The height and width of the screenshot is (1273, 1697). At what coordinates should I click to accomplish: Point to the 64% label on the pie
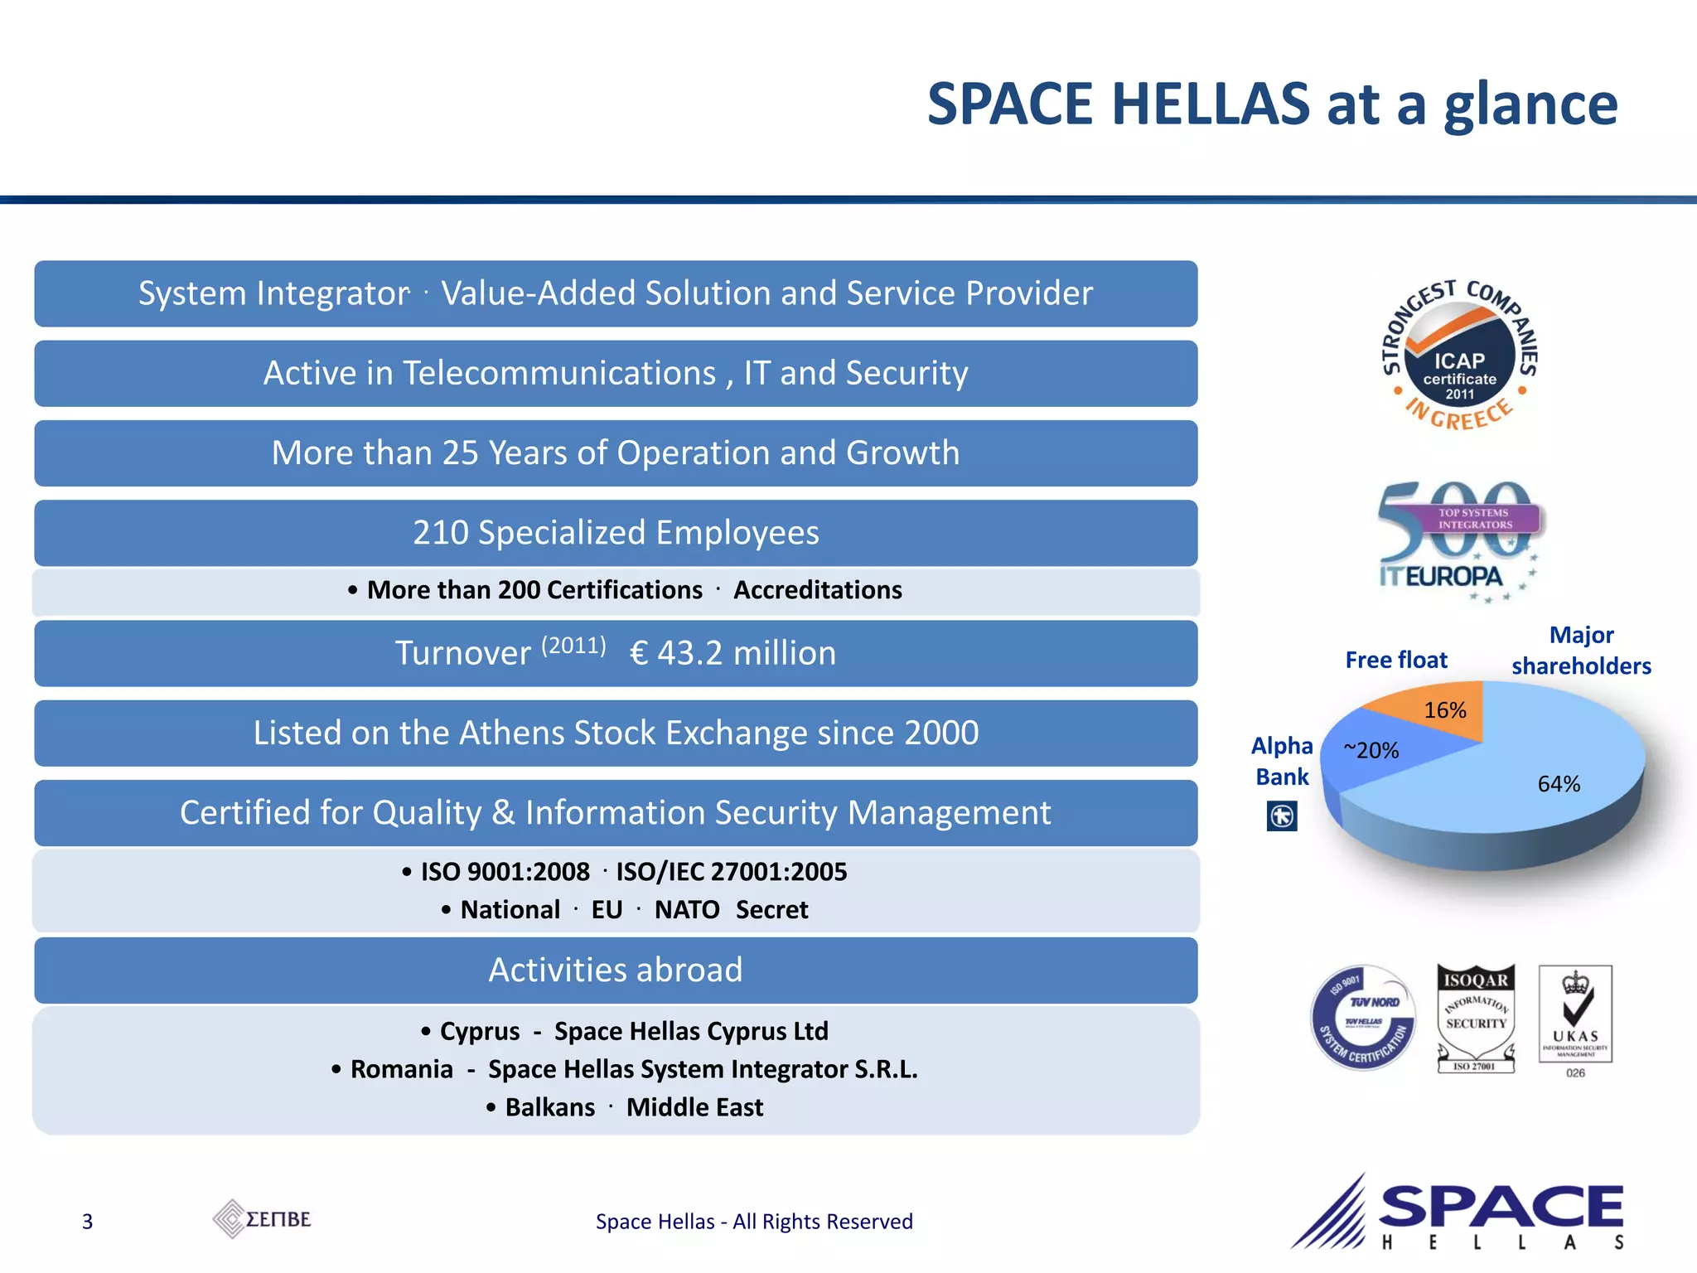tap(1559, 784)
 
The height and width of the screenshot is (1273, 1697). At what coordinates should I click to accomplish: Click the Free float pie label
tap(1396, 661)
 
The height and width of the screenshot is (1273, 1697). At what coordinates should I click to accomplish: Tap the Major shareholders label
tap(1581, 651)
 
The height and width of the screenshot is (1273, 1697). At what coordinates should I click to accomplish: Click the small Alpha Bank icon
tap(1282, 816)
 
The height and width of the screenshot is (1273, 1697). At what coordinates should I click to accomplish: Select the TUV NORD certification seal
tap(1363, 1018)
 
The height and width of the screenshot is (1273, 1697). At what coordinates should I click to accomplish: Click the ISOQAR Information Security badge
tap(1476, 1018)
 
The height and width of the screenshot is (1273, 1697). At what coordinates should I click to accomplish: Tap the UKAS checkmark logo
tap(1575, 1015)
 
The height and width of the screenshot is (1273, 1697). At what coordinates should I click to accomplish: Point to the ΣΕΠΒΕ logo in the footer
tap(262, 1219)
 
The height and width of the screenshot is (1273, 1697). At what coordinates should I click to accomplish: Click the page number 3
tap(87, 1222)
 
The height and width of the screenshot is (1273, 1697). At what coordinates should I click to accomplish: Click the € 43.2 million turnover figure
tap(732, 653)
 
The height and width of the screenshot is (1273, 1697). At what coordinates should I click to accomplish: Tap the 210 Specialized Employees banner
tap(616, 533)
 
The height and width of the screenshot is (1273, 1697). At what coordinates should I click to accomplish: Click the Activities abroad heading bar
tap(616, 970)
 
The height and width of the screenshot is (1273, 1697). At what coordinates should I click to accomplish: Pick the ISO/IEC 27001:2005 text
tap(731, 872)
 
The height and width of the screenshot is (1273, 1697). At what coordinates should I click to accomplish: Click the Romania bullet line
tap(624, 1069)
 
